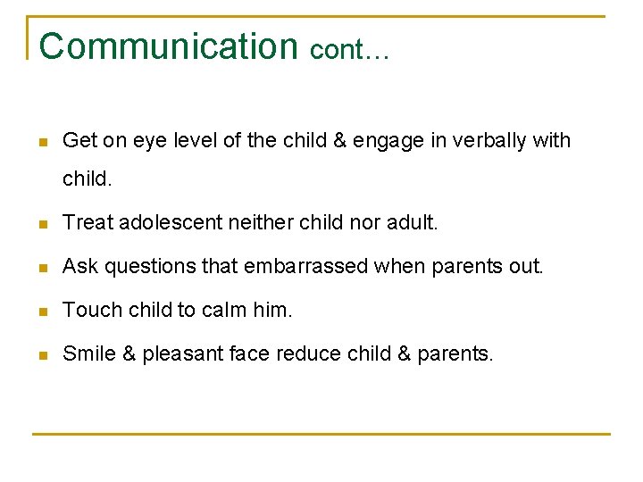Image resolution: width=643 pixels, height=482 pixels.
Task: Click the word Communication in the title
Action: [x=168, y=46]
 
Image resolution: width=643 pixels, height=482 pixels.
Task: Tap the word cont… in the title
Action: [x=349, y=50]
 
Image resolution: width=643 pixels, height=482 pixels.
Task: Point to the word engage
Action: [x=384, y=141]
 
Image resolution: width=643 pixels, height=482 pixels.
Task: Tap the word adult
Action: [x=412, y=221]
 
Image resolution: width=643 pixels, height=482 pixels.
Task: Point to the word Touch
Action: [x=88, y=310]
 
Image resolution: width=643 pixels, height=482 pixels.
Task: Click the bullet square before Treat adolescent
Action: [x=41, y=222]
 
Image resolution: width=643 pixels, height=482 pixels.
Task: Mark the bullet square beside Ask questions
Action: [x=41, y=267]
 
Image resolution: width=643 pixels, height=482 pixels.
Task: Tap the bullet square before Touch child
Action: [x=41, y=311]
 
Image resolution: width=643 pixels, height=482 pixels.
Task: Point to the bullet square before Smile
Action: [x=41, y=355]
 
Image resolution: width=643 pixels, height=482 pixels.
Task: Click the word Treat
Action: [x=84, y=221]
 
